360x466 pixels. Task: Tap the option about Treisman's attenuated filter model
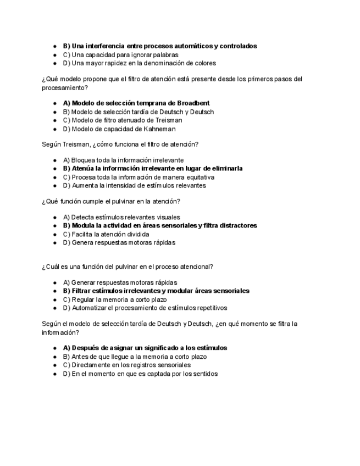coord(123,120)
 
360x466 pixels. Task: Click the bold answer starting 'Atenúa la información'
coord(153,168)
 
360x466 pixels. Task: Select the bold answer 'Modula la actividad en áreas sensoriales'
coord(160,225)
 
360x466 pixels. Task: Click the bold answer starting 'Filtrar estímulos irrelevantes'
coord(156,291)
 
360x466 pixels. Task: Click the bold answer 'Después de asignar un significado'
coord(145,348)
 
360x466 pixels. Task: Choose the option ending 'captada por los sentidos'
coord(140,374)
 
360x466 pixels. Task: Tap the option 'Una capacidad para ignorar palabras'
coord(120,55)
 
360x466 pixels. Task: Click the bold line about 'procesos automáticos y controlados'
coord(160,46)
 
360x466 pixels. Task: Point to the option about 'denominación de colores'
coord(140,63)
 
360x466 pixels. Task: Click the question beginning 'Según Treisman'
coord(120,144)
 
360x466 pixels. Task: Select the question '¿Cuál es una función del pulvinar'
coord(128,267)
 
